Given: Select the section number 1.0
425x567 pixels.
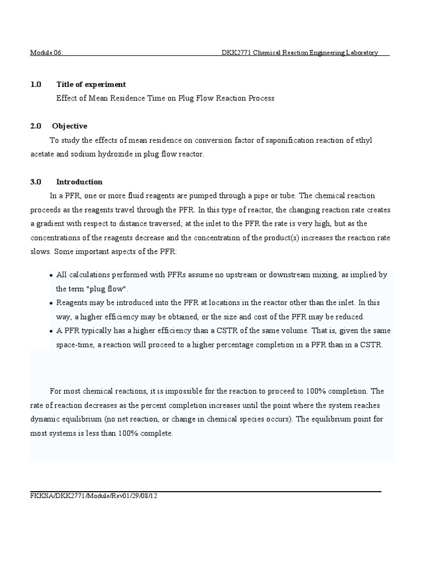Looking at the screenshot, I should (35, 84).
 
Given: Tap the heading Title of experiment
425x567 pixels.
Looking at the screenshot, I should (91, 84).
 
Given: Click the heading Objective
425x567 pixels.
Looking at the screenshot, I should (69, 126).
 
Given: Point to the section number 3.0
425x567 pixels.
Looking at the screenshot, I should (35, 182).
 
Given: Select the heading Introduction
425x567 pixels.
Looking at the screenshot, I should (79, 182).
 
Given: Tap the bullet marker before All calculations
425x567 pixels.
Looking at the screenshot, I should (51, 276).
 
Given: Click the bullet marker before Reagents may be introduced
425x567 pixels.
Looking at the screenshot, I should (51, 303).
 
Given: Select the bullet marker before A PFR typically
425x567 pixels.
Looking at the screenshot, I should (51, 331).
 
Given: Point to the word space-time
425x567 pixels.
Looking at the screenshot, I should (74, 344).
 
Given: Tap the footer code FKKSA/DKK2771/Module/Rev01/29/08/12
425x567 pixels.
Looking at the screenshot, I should (94, 496).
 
